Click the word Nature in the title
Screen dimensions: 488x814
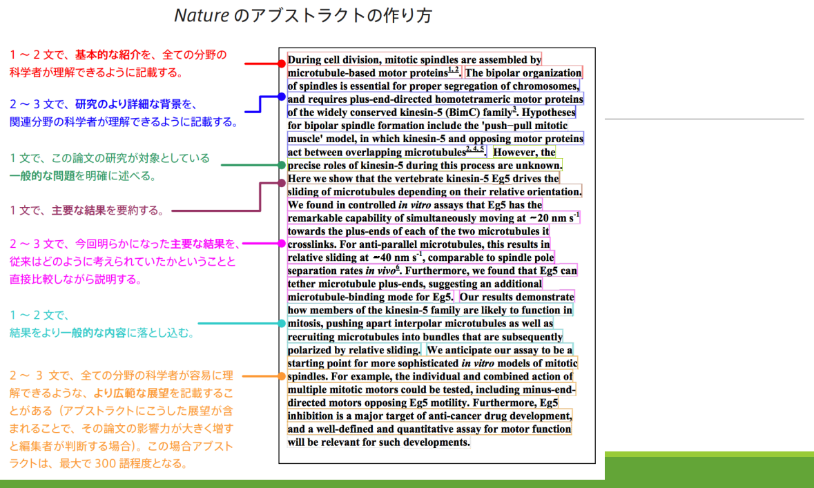[201, 15]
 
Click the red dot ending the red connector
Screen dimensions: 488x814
[282, 64]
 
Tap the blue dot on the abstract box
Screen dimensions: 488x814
[282, 97]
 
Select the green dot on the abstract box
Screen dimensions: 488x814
[282, 165]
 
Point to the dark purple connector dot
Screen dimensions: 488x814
[282, 183]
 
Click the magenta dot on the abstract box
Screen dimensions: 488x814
[282, 244]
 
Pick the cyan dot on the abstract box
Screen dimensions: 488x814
[282, 323]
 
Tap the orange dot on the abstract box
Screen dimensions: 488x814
[282, 376]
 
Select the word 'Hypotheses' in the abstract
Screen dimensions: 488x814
[549, 113]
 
